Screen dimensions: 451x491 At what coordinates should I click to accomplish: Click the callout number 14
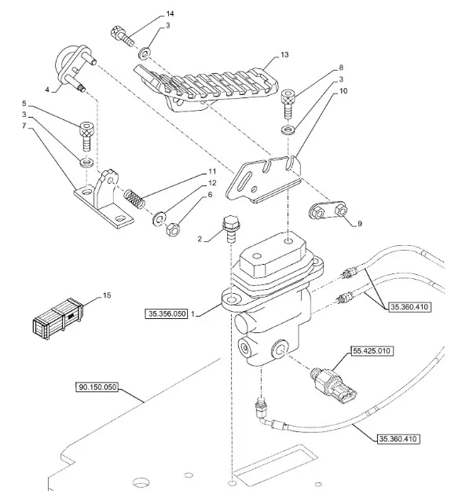(170, 14)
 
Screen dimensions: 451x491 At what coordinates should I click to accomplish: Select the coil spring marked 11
(134, 199)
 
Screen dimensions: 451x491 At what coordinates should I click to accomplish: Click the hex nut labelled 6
(172, 229)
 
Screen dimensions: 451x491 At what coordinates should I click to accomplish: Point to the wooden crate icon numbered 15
(58, 319)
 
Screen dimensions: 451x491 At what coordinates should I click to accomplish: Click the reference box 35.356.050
(167, 313)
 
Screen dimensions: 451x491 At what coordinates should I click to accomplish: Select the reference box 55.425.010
(372, 351)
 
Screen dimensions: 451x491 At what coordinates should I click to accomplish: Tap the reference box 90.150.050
(97, 387)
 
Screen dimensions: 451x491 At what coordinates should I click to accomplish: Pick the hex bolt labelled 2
(230, 229)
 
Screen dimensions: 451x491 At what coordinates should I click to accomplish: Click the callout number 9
(360, 224)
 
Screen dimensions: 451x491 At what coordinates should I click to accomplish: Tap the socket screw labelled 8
(288, 104)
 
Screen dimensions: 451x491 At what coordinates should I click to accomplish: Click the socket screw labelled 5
(86, 137)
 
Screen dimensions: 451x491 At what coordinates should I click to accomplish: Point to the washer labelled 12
(159, 218)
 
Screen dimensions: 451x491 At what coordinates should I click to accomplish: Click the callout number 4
(47, 90)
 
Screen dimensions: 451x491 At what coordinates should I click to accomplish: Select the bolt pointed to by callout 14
(123, 36)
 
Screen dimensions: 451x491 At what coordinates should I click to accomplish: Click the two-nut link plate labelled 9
(328, 211)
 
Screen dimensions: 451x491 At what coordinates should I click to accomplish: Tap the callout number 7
(24, 126)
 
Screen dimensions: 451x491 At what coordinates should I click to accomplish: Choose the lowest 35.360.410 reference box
(398, 439)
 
